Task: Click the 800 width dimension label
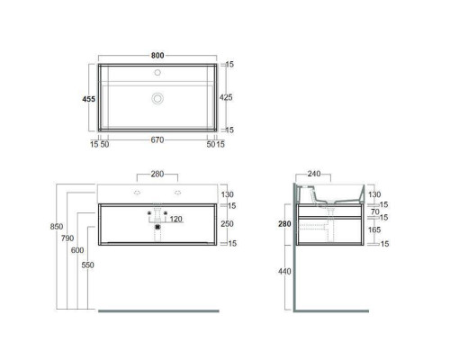pos(157,56)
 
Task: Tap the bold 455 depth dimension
pos(89,99)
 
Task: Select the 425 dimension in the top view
pos(226,97)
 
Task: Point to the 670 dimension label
pos(157,139)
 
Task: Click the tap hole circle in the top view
pos(157,72)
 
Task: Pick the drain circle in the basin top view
pos(157,98)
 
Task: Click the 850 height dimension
pos(57,227)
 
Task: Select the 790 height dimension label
pos(67,238)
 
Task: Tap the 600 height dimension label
pos(77,250)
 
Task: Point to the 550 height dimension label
pos(87,265)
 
